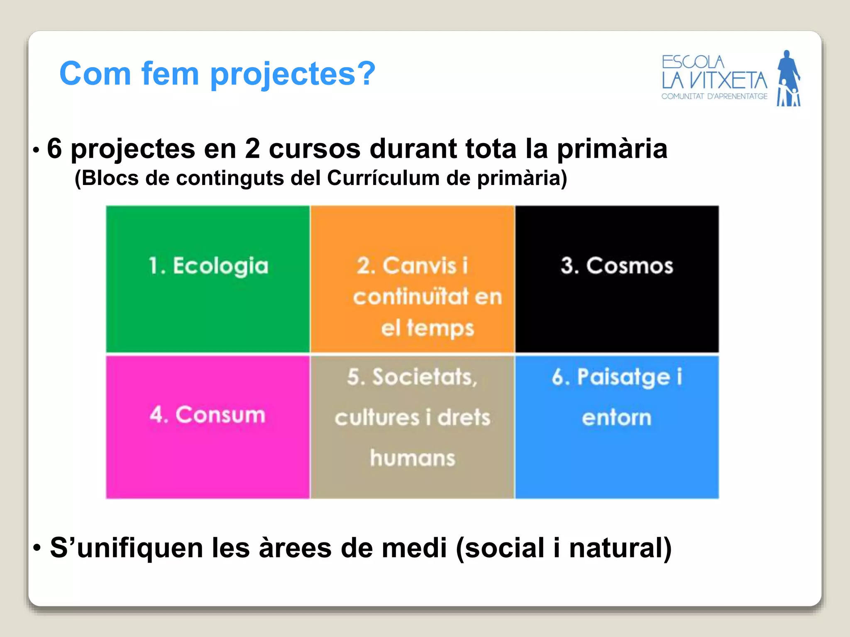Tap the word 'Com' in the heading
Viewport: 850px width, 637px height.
[x=95, y=74]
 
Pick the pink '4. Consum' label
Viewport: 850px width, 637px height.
[x=208, y=415]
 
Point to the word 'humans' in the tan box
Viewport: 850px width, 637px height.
[x=413, y=458]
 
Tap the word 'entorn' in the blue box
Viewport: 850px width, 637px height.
[x=617, y=418]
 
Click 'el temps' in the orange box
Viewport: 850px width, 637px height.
[x=427, y=328]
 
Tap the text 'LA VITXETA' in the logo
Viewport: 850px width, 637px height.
[x=714, y=80]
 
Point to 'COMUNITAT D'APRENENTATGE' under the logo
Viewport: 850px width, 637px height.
[x=714, y=97]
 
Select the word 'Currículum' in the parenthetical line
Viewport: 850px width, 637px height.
[x=383, y=178]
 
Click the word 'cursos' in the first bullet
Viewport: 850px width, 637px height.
[x=315, y=148]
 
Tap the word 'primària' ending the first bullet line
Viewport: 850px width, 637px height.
[x=612, y=148]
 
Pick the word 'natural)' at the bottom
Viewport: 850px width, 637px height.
[x=620, y=548]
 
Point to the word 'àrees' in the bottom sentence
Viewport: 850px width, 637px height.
[x=295, y=548]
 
